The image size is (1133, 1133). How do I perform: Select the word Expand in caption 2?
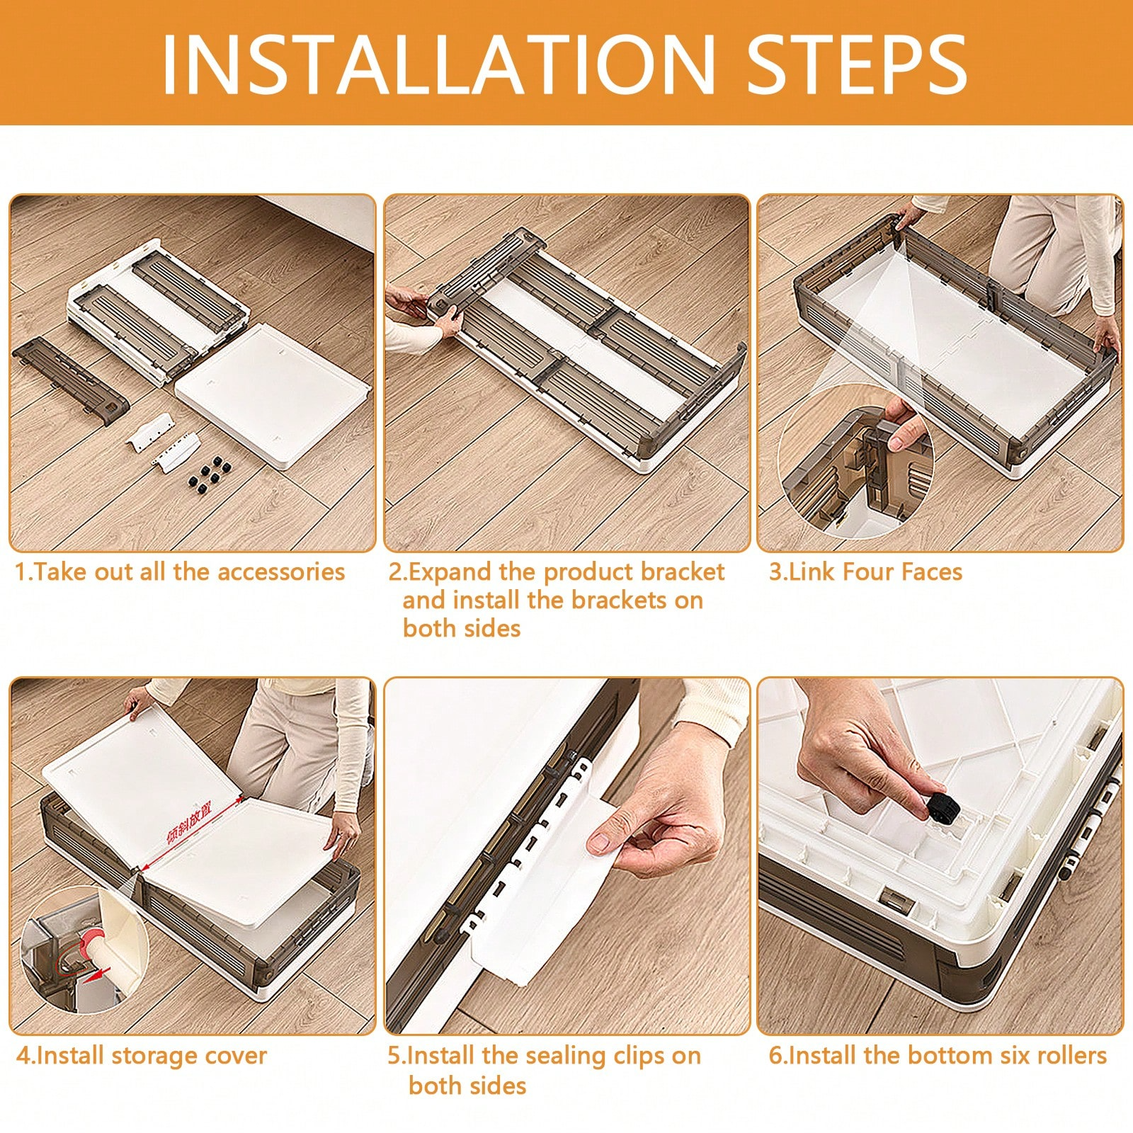click(x=450, y=572)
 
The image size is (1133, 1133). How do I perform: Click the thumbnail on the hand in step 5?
click(x=598, y=843)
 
